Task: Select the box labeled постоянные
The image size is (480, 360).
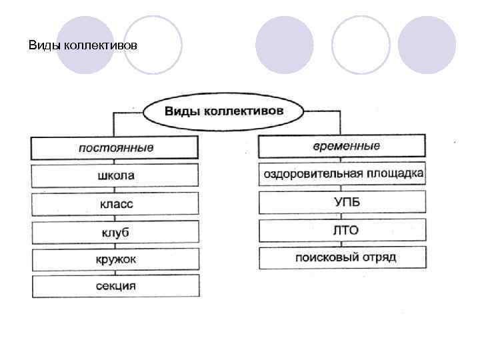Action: (x=115, y=147)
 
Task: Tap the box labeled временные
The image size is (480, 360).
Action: (x=341, y=146)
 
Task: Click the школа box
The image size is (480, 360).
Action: (x=115, y=176)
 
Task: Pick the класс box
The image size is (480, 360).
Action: (x=115, y=204)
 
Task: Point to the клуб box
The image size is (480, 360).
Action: (x=115, y=232)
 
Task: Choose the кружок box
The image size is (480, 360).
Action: (x=115, y=260)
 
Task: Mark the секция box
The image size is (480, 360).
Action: (x=115, y=286)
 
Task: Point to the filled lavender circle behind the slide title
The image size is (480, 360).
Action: (x=85, y=44)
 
